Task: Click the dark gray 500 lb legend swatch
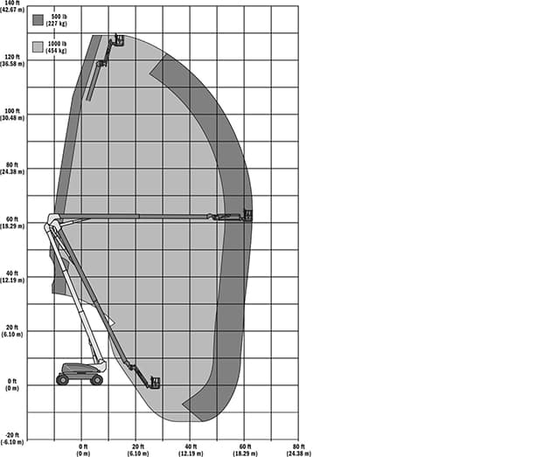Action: pos(38,20)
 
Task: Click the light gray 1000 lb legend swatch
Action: pos(38,47)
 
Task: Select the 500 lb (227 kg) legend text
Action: pos(57,20)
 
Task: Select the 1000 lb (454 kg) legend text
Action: pos(56,47)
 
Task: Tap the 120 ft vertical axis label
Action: pos(12,60)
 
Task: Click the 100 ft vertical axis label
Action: pos(12,114)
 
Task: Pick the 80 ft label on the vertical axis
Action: pos(12,169)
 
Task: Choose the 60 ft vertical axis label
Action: pos(12,223)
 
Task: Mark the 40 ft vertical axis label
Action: pos(12,277)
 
